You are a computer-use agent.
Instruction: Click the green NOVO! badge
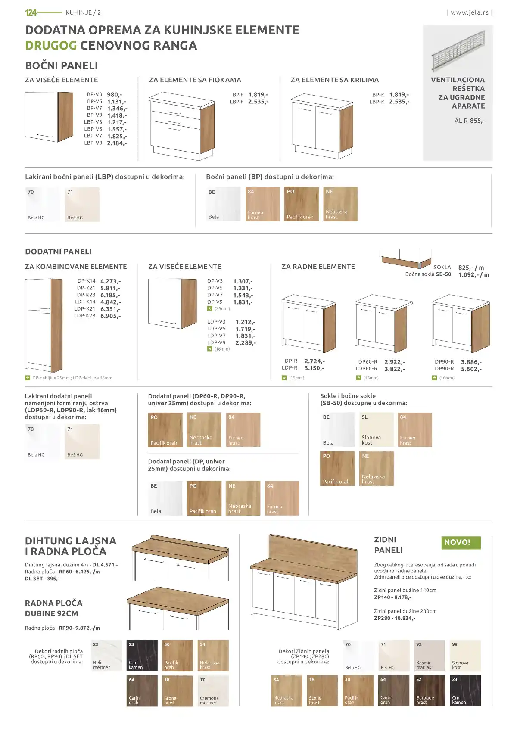coord(461,543)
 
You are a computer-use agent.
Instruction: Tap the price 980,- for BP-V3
coord(115,95)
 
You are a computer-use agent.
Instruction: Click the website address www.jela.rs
coord(470,12)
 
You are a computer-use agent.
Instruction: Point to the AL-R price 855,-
coord(477,121)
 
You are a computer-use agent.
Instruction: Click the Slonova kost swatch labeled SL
coord(376,429)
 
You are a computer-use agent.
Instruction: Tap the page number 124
coord(31,12)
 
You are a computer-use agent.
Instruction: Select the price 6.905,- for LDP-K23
coord(111,316)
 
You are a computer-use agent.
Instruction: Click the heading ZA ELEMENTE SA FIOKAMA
coord(195,80)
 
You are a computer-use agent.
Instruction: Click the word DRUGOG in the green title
coord(51,45)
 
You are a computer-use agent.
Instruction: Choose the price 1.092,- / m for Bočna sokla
coord(473,275)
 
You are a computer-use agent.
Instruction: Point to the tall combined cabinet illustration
coord(44,325)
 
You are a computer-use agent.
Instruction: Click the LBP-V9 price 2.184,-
coord(117,143)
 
